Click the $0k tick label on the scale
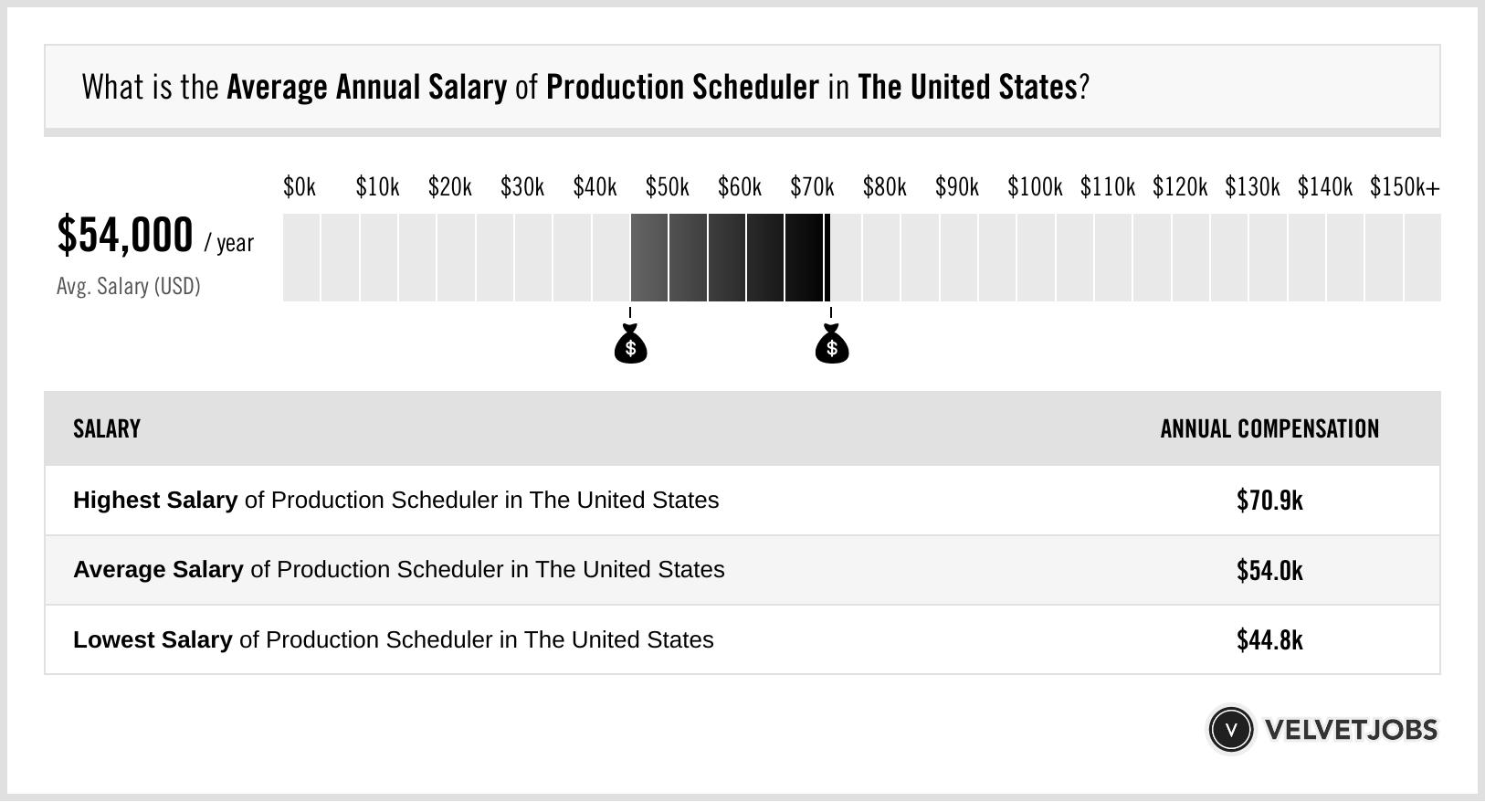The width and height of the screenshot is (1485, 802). (300, 187)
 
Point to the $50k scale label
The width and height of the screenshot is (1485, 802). (667, 187)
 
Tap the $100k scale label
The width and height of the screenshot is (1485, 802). (1035, 187)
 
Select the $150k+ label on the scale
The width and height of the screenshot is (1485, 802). (1405, 187)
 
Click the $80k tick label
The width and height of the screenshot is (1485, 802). (884, 187)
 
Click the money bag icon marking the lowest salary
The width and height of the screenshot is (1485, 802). (630, 346)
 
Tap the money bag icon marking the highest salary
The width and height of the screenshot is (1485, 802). (831, 346)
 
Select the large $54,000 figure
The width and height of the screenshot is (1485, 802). (125, 235)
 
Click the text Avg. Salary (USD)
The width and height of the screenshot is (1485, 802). (129, 287)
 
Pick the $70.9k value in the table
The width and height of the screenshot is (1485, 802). (1269, 501)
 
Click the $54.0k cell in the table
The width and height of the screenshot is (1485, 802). (1269, 571)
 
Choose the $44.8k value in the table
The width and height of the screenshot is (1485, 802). (1269, 640)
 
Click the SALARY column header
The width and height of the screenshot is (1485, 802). (107, 429)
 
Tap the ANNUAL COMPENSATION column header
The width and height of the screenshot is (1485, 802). (1269, 429)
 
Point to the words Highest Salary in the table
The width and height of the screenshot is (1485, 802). (155, 501)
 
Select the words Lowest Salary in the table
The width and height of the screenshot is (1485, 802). (153, 640)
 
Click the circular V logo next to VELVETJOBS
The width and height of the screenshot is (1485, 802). (1230, 730)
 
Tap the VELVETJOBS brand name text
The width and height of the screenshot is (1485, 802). (1351, 730)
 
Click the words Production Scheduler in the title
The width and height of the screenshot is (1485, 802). (682, 88)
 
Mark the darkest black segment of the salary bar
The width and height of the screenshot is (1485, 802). (804, 258)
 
